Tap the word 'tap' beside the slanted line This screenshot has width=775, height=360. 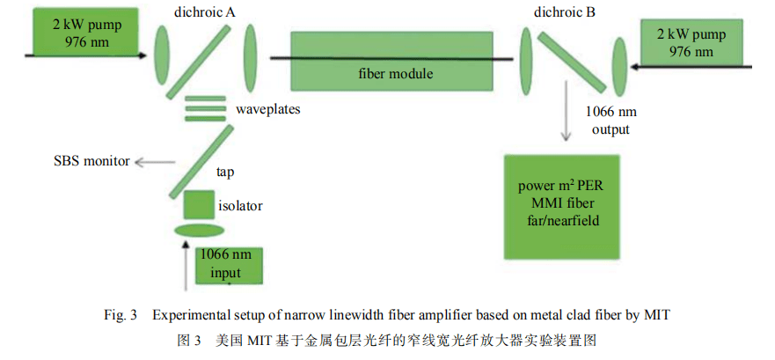[225, 173]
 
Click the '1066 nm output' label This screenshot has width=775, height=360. [610, 121]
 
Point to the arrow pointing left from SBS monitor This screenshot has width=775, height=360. [153, 161]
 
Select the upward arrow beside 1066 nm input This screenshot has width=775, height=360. [185, 268]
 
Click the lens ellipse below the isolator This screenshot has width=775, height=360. [199, 231]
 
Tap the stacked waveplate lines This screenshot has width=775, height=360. [204, 110]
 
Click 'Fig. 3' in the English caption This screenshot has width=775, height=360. [121, 315]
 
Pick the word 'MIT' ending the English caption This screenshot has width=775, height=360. [659, 315]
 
